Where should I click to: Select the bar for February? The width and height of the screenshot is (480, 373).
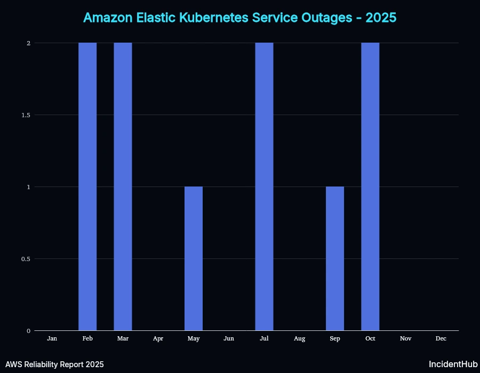(87, 186)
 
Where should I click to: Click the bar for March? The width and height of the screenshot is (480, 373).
(123, 186)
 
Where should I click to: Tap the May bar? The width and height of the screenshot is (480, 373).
(194, 258)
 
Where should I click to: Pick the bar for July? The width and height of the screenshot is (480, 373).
(264, 186)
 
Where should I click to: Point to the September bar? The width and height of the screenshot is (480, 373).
(335, 258)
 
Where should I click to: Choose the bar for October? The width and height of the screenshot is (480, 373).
(370, 186)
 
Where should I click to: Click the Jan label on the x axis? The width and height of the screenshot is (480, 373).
(52, 338)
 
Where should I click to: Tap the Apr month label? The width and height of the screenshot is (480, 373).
(158, 338)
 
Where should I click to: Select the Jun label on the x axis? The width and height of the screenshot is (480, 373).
(229, 338)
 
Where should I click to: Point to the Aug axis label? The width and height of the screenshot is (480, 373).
(300, 338)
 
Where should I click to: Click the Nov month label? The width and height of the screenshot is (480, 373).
(405, 338)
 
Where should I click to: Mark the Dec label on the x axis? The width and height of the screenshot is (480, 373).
(441, 338)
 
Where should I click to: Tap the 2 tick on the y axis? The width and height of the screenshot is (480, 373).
(28, 43)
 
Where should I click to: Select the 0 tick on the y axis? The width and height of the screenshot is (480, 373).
(28, 331)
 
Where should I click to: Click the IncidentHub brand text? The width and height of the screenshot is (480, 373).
(453, 364)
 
